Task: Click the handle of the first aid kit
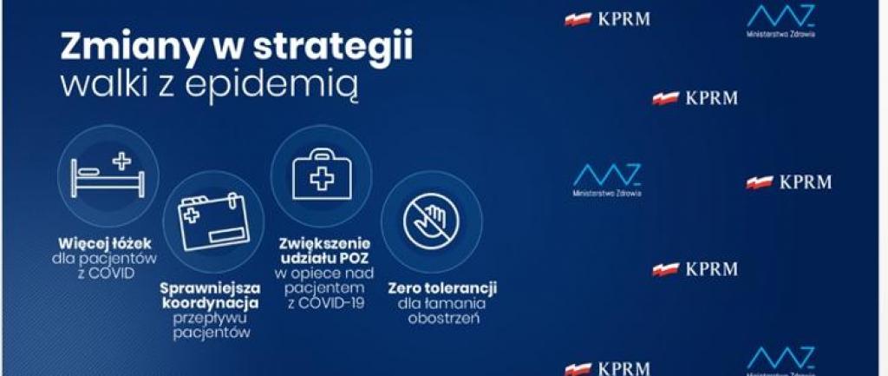point(321,155)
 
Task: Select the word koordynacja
point(210,303)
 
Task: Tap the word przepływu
point(211,318)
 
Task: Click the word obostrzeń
point(444,318)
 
